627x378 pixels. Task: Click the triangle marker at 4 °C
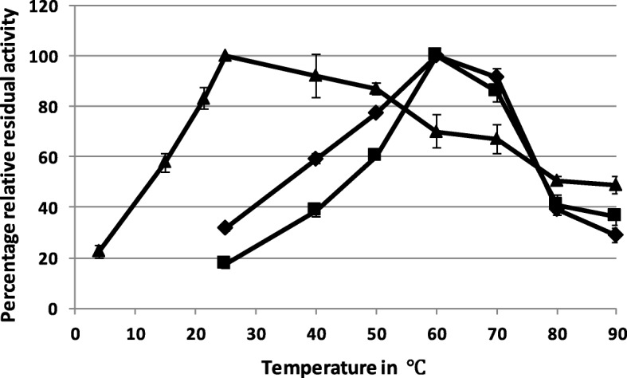pyautogui.click(x=99, y=251)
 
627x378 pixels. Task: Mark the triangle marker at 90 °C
pyautogui.click(x=615, y=185)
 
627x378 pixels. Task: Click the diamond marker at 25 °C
pyautogui.click(x=225, y=228)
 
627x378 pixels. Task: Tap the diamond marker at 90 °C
pyautogui.click(x=615, y=235)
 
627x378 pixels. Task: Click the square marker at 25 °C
pyautogui.click(x=224, y=262)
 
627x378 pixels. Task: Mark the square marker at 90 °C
pyautogui.click(x=614, y=215)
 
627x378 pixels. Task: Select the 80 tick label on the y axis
pyautogui.click(x=53, y=107)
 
